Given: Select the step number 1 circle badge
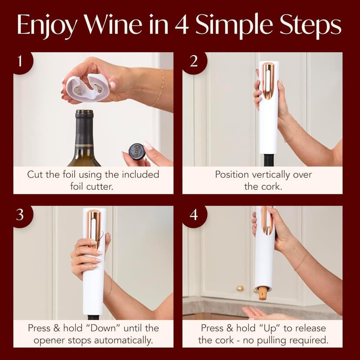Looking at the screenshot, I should (20, 60).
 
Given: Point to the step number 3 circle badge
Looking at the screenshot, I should (20, 214).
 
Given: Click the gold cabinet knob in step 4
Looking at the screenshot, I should (240, 288).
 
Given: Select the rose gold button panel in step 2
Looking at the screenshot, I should (268, 80).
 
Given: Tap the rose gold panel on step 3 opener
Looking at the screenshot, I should (94, 228).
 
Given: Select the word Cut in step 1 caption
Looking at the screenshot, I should (35, 175).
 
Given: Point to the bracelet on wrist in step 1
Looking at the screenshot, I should (159, 89).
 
